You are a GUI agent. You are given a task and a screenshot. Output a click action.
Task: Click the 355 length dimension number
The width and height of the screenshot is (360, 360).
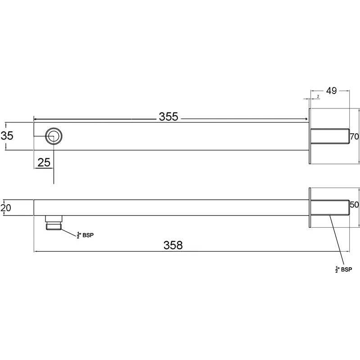pos(168,117)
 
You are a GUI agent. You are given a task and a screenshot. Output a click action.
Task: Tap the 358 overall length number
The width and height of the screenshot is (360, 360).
pos(173,245)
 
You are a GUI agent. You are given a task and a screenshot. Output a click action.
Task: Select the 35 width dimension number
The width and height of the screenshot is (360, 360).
pos(7,136)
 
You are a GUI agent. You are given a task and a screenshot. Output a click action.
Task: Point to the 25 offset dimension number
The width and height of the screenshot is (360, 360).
pos(44,162)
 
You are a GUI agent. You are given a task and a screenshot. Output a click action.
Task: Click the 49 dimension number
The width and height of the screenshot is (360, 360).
pos(332,91)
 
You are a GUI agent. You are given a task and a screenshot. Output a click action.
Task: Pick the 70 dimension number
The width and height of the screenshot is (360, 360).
pos(354,137)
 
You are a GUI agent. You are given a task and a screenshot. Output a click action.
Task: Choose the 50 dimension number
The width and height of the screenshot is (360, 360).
pos(354,205)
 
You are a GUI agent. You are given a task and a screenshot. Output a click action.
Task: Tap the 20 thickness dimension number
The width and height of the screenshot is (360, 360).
pos(6,208)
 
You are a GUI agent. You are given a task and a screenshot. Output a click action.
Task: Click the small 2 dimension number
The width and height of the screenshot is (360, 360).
pos(318,97)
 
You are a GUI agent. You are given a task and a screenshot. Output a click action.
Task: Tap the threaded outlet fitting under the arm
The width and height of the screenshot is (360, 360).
pos(54,223)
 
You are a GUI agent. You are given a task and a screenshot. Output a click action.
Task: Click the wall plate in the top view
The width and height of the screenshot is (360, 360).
pos(310,136)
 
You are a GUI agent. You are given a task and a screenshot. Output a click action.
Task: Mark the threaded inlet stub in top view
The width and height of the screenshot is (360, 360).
pos(330,136)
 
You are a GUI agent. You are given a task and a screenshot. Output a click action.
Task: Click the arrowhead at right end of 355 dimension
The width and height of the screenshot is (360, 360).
pos(306,119)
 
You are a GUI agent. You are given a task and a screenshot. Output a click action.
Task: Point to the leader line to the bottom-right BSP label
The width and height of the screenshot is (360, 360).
pos(337,240)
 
